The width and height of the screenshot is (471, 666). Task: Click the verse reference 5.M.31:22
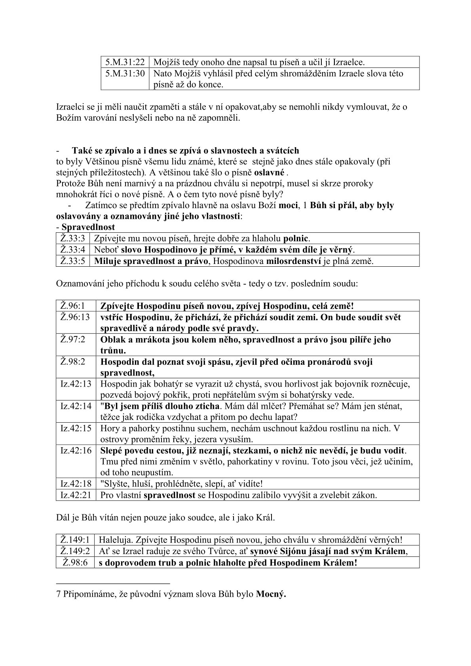click(125, 62)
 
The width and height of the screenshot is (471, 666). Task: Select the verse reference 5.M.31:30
click(125, 74)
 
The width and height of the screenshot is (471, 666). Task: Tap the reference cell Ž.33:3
click(73, 239)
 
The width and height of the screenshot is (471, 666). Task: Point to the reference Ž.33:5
click(73, 261)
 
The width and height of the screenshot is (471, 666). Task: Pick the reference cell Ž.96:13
click(75, 317)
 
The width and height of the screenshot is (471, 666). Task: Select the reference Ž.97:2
click(73, 340)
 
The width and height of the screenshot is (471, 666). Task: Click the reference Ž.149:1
click(75, 540)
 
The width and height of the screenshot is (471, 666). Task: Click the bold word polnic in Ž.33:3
click(296, 239)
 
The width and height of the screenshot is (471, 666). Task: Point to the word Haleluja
click(114, 540)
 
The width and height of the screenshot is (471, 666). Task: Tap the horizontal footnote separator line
click(113, 583)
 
